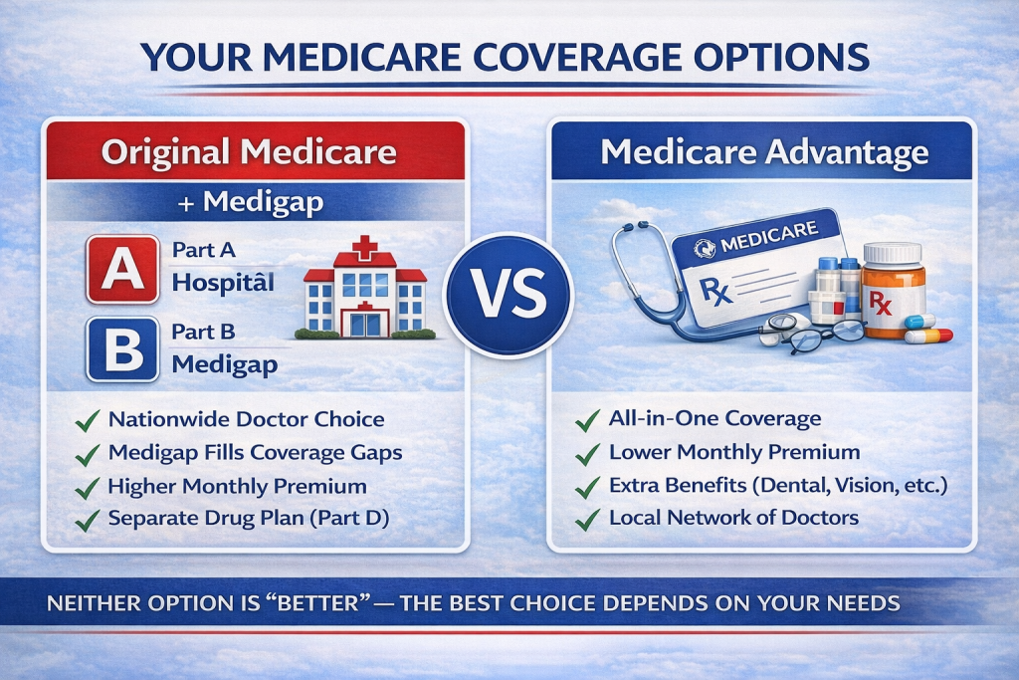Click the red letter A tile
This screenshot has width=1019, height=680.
pyautogui.click(x=122, y=269)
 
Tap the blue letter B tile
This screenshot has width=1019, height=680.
pyautogui.click(x=122, y=349)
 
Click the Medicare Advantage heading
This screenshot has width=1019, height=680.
pyautogui.click(x=764, y=153)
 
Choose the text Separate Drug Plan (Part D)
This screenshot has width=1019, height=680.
pyautogui.click(x=249, y=519)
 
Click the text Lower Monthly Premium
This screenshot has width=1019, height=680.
pyautogui.click(x=734, y=452)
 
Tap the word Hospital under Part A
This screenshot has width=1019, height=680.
pyautogui.click(x=223, y=282)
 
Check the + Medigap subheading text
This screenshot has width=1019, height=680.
pyautogui.click(x=253, y=201)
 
